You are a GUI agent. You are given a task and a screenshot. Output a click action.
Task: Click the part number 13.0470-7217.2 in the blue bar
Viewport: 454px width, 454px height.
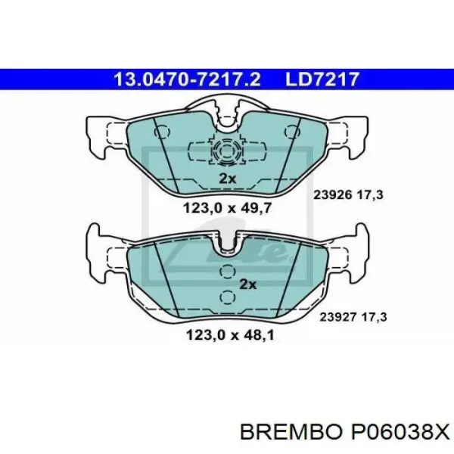click(188, 79)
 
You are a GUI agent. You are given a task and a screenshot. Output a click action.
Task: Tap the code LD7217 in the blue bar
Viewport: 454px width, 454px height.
click(322, 79)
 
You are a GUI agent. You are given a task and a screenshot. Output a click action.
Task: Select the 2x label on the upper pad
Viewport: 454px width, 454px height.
click(227, 179)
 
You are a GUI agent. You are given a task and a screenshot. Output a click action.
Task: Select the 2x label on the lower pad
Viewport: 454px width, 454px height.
click(248, 285)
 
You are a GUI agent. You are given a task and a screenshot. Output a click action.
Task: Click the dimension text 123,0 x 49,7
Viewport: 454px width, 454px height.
click(227, 207)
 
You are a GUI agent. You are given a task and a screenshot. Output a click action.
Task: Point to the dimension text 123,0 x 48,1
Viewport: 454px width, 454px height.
click(230, 335)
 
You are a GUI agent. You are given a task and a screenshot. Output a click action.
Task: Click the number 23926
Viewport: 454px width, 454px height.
click(333, 195)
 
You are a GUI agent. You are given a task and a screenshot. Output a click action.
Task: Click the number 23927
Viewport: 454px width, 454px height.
click(337, 317)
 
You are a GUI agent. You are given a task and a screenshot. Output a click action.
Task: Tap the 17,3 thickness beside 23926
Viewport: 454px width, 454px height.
click(370, 195)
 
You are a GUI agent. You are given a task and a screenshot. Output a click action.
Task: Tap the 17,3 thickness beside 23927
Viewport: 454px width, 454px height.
click(374, 317)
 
